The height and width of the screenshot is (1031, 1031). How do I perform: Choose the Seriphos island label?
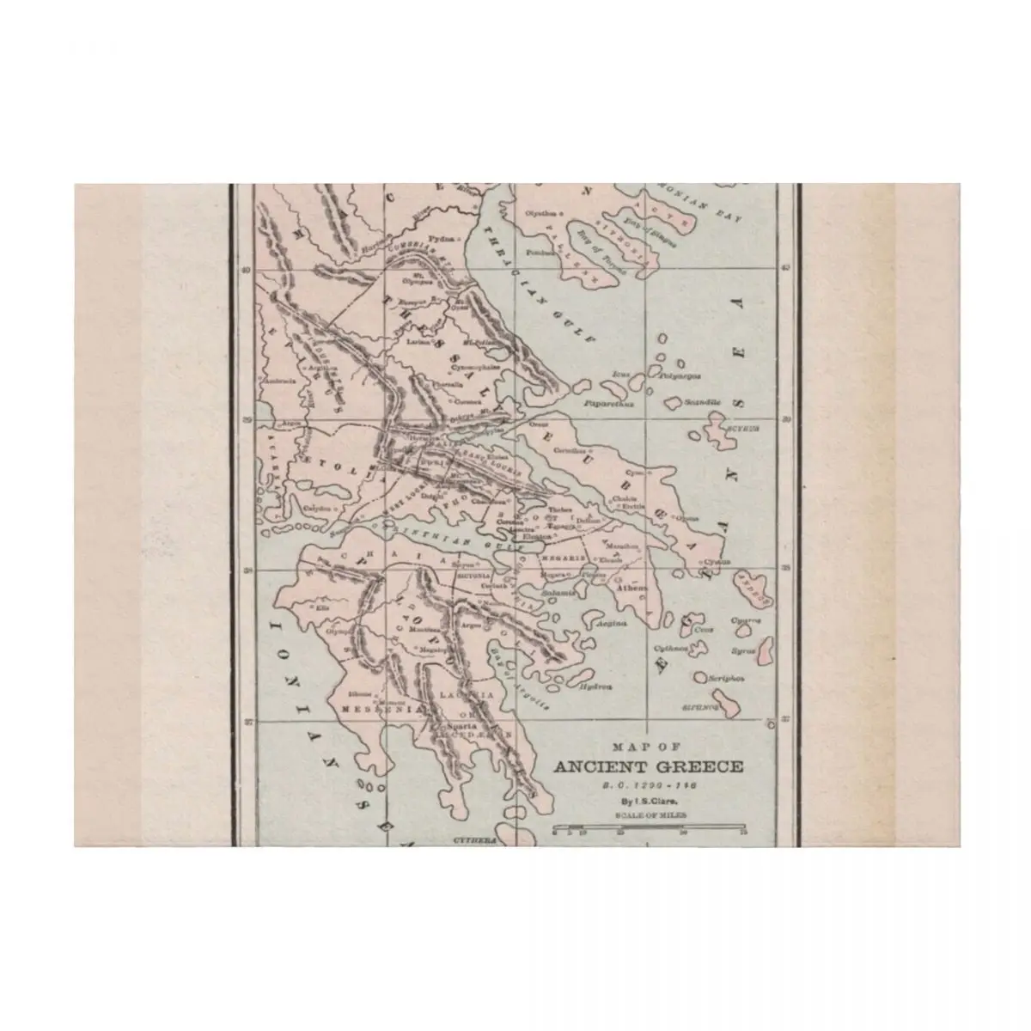(x=727, y=679)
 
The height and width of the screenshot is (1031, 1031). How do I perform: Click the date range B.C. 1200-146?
(x=647, y=785)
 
